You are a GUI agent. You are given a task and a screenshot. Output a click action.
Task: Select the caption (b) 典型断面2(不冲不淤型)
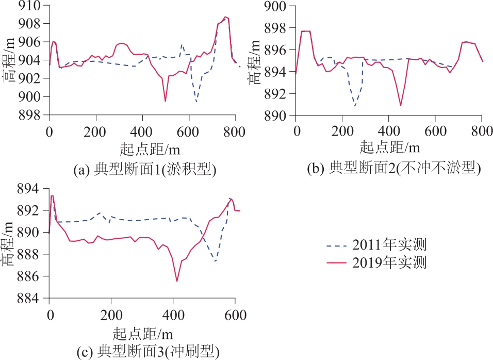point(394,168)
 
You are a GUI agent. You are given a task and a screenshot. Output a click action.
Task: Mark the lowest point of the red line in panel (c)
point(177,281)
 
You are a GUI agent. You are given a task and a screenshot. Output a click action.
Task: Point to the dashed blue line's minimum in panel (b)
point(355,106)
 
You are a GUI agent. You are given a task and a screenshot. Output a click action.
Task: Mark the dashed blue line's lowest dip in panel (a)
point(196,102)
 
